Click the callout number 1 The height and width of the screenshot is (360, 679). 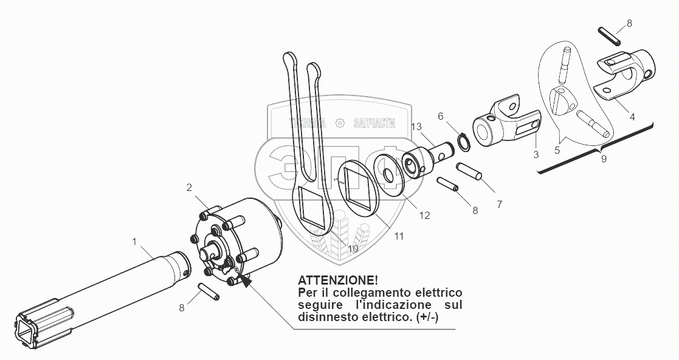click(135, 242)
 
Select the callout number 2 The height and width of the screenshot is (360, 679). click(190, 187)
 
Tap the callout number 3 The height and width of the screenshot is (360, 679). click(536, 154)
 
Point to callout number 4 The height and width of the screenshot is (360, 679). click(632, 117)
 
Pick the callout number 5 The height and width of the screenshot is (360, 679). click(557, 149)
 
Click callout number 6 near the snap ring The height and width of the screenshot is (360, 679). click(441, 116)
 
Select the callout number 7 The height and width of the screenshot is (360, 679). click(500, 205)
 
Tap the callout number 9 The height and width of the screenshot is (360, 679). click(603, 160)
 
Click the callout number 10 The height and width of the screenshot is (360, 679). click(353, 249)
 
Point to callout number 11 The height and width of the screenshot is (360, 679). click(398, 235)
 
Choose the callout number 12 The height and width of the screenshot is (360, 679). click(424, 215)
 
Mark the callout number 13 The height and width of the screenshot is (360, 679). click(416, 126)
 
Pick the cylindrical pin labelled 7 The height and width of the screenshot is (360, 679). click(470, 170)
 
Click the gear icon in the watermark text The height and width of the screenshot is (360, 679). click(340, 123)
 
